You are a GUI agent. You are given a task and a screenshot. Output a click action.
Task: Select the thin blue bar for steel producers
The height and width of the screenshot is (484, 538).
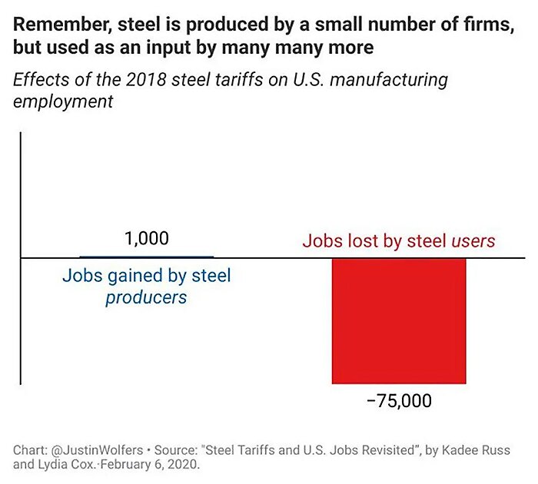[x=147, y=256]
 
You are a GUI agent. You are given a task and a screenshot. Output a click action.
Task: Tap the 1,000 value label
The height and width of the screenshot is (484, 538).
[x=146, y=238]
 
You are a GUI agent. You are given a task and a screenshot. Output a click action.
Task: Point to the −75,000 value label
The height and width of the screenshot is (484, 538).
[x=399, y=401]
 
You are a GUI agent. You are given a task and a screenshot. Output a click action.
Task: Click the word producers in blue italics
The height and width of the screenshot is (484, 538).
[x=146, y=297]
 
